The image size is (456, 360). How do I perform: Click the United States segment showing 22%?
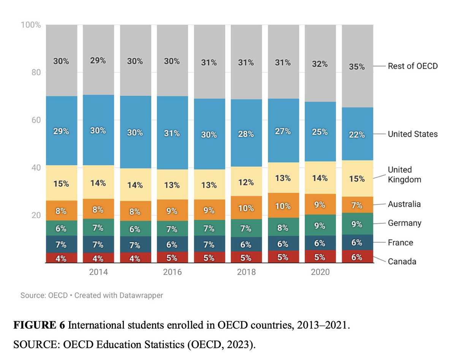(357, 134)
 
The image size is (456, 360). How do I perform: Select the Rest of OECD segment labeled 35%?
(357, 66)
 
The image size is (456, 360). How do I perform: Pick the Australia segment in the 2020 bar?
(320, 205)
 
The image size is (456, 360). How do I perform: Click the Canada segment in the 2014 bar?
(98, 258)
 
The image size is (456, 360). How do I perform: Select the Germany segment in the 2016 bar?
(172, 229)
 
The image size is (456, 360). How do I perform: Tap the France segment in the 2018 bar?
(246, 245)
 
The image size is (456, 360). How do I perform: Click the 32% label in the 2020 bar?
(320, 64)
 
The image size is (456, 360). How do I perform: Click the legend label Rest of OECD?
(413, 66)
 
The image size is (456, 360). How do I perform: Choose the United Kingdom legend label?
(404, 175)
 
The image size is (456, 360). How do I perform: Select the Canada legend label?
(402, 262)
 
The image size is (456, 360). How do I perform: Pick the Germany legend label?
(404, 223)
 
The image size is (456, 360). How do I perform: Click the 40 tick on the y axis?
(36, 168)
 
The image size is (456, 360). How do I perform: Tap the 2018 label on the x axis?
(246, 272)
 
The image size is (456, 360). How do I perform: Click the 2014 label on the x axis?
(98, 272)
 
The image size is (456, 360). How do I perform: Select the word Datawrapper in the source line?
(141, 295)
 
